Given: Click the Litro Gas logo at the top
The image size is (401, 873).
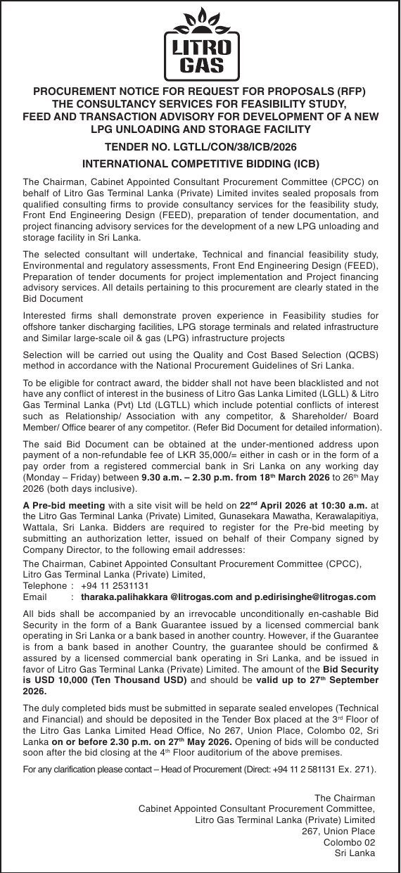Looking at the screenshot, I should [x=200, y=43].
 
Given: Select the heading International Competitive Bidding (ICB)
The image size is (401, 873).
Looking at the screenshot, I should [x=200, y=164].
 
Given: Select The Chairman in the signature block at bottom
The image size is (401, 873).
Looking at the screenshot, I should [x=344, y=797].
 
